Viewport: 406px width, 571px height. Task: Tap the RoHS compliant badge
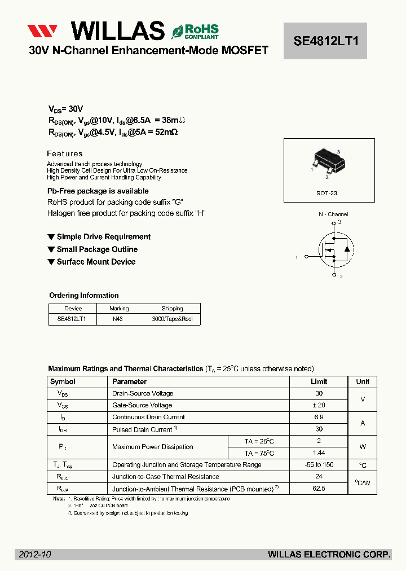(x=195, y=31)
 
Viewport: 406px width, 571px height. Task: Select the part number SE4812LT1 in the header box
(x=325, y=41)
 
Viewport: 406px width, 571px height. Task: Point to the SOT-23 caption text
(x=326, y=193)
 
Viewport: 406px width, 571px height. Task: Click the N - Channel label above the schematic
(x=333, y=214)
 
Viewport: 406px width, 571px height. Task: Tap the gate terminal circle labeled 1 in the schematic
(x=307, y=257)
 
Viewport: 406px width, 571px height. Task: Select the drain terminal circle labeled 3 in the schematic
(x=334, y=223)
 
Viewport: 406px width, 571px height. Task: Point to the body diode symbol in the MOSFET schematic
(x=347, y=249)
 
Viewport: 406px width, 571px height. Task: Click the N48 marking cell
(x=118, y=319)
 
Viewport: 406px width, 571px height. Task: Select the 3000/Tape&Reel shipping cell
(x=172, y=319)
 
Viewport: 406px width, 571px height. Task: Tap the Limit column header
(x=319, y=382)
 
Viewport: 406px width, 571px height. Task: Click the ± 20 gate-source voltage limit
(x=319, y=405)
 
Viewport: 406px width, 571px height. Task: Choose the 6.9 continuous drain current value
(x=319, y=417)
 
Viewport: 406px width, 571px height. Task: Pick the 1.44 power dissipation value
(x=319, y=453)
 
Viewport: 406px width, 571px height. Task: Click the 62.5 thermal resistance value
(x=319, y=489)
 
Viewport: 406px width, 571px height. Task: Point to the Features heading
(x=65, y=153)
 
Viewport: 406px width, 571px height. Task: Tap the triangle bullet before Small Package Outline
(x=51, y=249)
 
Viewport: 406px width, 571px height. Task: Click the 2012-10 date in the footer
(x=35, y=555)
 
